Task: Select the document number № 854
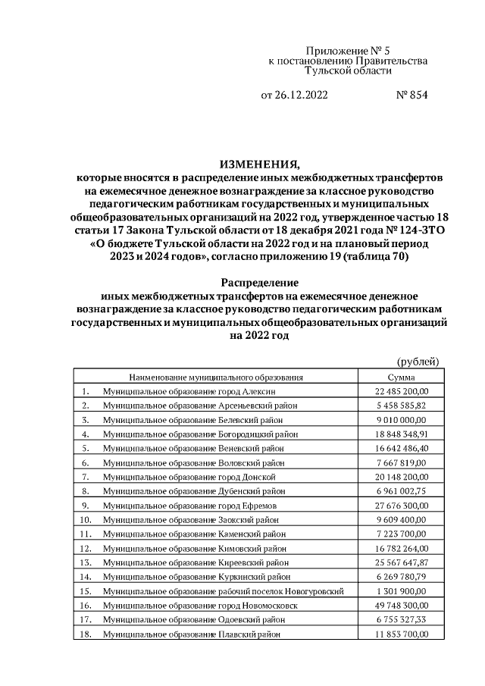pyautogui.click(x=412, y=96)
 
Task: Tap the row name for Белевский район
pyautogui.click(x=192, y=420)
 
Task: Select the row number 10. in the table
pyautogui.click(x=86, y=520)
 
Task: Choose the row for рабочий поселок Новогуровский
pyautogui.click(x=224, y=590)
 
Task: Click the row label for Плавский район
pyautogui.click(x=192, y=634)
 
